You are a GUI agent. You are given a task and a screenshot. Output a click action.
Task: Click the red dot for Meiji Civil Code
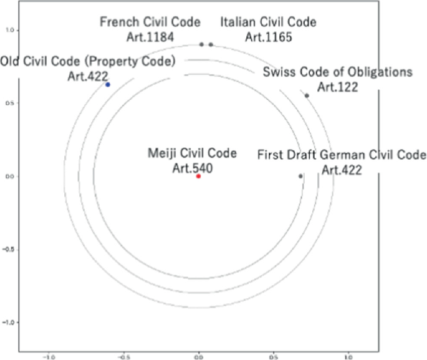pos(198,177)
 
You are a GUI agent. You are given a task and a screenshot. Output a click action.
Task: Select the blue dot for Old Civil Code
pos(108,84)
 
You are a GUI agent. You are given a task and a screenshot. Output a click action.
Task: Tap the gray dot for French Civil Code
pos(201,44)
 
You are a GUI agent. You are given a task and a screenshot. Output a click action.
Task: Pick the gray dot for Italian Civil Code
pos(211,44)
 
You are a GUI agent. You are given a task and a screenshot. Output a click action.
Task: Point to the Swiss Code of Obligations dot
pos(307,95)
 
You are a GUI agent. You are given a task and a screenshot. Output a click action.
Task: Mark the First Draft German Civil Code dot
pos(300,177)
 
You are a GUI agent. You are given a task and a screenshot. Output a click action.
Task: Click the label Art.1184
pos(150,36)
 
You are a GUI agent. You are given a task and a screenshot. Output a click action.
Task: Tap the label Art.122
pos(337,87)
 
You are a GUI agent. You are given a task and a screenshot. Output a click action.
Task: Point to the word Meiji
pos(163,153)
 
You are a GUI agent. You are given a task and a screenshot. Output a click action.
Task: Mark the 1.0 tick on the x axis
pos(348,357)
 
